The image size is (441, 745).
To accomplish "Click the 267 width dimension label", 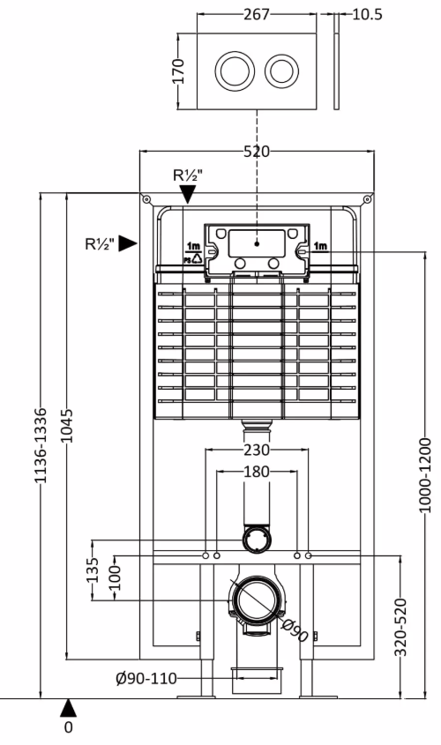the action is pyautogui.click(x=256, y=14).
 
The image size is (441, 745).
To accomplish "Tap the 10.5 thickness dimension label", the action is pyautogui.click(x=367, y=14).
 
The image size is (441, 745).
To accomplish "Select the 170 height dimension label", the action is pyautogui.click(x=178, y=71).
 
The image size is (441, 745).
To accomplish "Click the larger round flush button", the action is pyautogui.click(x=235, y=71).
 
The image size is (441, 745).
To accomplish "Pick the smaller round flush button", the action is pyautogui.click(x=282, y=71).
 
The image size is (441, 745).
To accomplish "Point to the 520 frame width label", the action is pyautogui.click(x=257, y=152).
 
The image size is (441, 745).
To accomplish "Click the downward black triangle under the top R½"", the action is pyautogui.click(x=188, y=194).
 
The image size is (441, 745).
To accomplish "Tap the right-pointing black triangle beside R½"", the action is pyautogui.click(x=127, y=243).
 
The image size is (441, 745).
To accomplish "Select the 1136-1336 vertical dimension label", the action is pyautogui.click(x=41, y=445).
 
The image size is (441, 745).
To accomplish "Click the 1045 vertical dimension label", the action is pyautogui.click(x=68, y=425).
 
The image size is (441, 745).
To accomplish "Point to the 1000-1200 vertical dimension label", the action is pyautogui.click(x=425, y=475).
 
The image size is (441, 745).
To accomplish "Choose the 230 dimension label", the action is pyautogui.click(x=257, y=449).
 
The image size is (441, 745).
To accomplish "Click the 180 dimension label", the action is pyautogui.click(x=257, y=472).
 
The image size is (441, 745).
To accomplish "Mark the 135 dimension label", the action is pyautogui.click(x=93, y=570).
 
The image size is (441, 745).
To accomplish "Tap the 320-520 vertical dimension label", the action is pyautogui.click(x=401, y=627).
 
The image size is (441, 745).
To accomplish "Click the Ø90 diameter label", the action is pyautogui.click(x=295, y=630).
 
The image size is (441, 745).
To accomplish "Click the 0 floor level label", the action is pyautogui.click(x=69, y=727).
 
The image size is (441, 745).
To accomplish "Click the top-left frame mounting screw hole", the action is pyautogui.click(x=146, y=199).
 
